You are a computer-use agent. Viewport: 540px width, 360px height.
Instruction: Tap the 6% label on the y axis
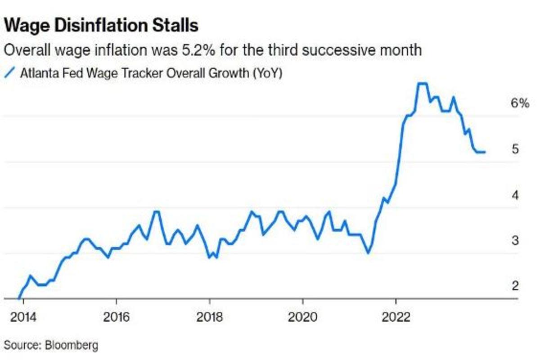519,103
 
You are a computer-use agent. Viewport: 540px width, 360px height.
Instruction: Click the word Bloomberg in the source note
71,346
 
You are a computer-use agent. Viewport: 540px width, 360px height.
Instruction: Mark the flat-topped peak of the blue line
422,83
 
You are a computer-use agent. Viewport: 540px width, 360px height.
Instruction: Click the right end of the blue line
485,152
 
